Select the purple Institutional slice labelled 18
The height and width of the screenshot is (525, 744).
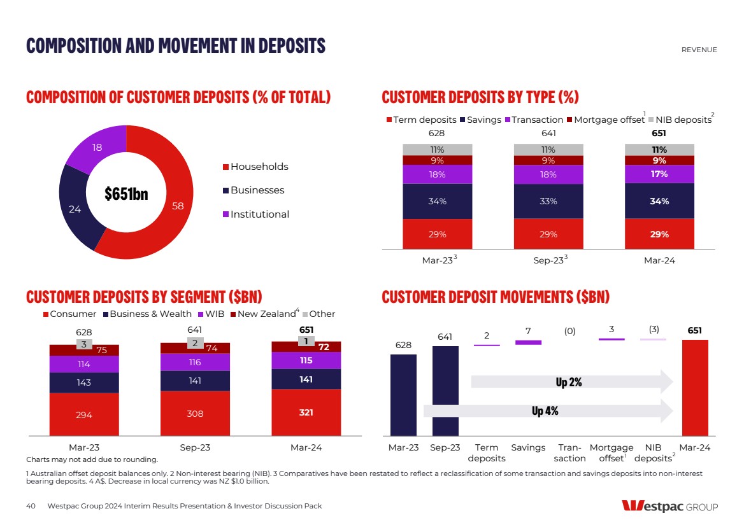click(96, 148)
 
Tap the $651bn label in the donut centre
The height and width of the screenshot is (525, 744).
click(126, 193)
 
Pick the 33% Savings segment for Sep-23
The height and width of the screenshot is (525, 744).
click(548, 201)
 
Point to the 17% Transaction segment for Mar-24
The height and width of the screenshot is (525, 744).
click(659, 174)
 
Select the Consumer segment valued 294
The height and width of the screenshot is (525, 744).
click(84, 414)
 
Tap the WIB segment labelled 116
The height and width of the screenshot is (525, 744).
click(195, 362)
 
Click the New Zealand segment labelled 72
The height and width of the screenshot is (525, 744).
click(325, 347)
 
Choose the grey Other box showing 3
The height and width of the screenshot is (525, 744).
click(83, 344)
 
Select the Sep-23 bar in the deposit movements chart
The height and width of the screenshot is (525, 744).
click(445, 390)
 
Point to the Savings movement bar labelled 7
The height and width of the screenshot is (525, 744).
click(528, 342)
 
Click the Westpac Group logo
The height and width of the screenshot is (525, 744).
click(669, 507)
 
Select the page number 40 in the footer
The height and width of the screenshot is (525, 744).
click(31, 506)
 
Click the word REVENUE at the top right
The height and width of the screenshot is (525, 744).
click(699, 50)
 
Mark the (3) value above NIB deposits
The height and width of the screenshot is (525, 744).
click(654, 329)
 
